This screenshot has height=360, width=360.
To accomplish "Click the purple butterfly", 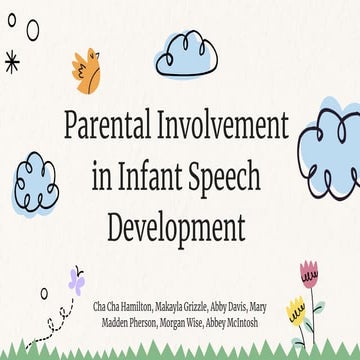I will [75, 279].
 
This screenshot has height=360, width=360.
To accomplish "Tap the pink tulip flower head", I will [309, 273].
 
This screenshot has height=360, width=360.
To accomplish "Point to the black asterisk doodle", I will [12, 62].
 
